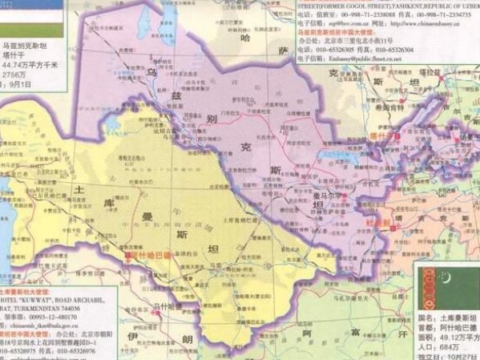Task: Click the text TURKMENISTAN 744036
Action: point(46,308)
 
